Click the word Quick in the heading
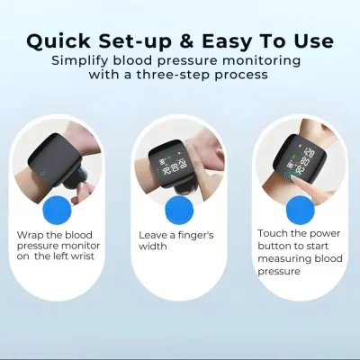pyautogui.click(x=58, y=41)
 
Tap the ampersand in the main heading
pyautogui.click(x=187, y=41)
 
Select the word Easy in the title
pyautogui.click(x=227, y=42)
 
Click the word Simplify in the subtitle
pyautogui.click(x=80, y=61)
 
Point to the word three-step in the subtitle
pyautogui.click(x=173, y=75)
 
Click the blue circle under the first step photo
pyautogui.click(x=58, y=210)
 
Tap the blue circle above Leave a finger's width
pyautogui.click(x=179, y=210)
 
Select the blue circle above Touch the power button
pyautogui.click(x=300, y=210)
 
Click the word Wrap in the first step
pyautogui.click(x=29, y=235)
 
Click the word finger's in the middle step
pyautogui.click(x=196, y=235)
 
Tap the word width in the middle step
pyautogui.click(x=153, y=247)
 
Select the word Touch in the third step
pyautogui.click(x=273, y=233)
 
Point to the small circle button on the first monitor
pyautogui.click(x=42, y=174)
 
